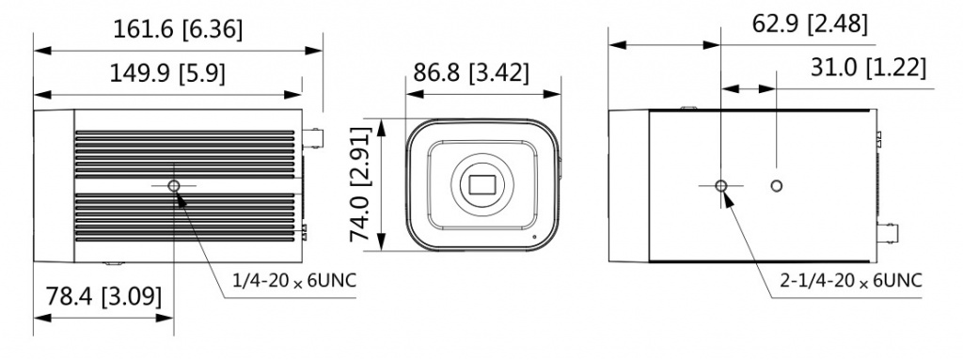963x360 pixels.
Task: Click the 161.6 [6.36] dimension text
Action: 178,29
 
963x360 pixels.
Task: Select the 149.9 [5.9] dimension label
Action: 167,73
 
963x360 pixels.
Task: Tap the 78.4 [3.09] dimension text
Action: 103,297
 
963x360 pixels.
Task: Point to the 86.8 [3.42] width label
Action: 470,72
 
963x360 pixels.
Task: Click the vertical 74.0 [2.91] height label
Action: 361,184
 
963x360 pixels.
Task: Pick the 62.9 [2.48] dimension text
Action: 810,23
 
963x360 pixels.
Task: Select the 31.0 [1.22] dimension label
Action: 868,68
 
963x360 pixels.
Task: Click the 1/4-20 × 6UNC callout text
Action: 294,280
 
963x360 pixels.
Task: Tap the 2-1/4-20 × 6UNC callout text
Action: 851,281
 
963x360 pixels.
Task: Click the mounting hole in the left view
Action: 174,185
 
